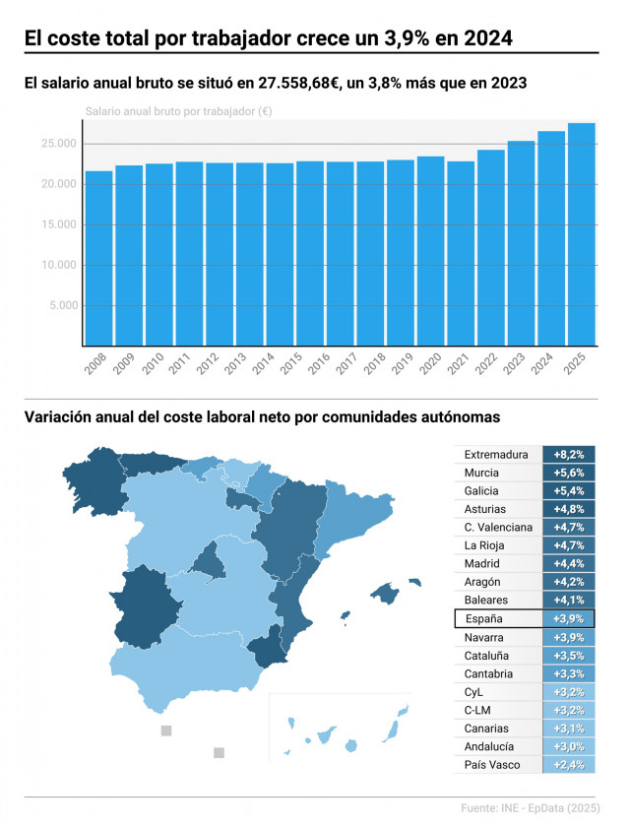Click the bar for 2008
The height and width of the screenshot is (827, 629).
pyautogui.click(x=98, y=258)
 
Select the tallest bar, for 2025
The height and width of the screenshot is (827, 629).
pyautogui.click(x=581, y=234)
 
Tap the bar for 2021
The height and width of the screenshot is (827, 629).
pyautogui.click(x=461, y=253)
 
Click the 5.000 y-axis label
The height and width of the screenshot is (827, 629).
pyautogui.click(x=62, y=305)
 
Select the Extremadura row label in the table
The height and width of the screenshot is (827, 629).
pyautogui.click(x=496, y=455)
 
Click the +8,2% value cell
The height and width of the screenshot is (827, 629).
pyautogui.click(x=569, y=455)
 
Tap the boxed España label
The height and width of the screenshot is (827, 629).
pyautogui.click(x=483, y=618)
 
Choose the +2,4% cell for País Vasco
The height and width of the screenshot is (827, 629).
pyautogui.click(x=569, y=765)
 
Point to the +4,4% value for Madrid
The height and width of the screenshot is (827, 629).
pyautogui.click(x=569, y=564)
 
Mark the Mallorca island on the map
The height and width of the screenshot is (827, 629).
pyautogui.click(x=387, y=592)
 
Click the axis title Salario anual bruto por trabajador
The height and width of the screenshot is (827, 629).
pyautogui.click(x=178, y=112)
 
